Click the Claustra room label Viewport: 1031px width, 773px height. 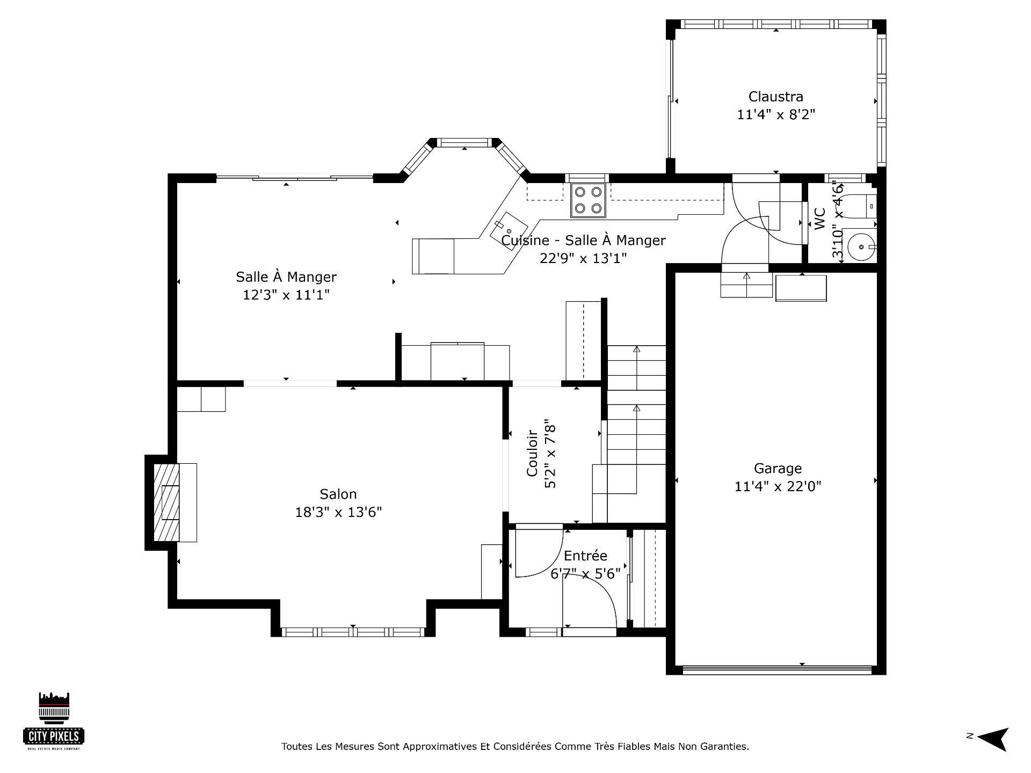coord(776,97)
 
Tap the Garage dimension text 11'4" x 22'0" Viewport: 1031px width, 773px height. coord(778,486)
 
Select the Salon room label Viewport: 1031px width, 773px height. coord(338,494)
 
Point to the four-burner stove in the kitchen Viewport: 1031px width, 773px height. coord(588,200)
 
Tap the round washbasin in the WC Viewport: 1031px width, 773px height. coord(859,246)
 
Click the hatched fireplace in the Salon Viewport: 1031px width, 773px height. coord(166,502)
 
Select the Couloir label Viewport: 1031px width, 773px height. coord(532,453)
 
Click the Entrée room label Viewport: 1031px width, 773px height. coord(585,556)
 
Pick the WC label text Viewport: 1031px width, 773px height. coord(819,218)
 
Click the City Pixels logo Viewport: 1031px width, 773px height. coord(54,720)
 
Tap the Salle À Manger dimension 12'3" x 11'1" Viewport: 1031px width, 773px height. coord(286,295)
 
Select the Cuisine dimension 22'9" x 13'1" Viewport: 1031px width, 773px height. coord(583,258)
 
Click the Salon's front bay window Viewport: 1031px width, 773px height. coord(353,632)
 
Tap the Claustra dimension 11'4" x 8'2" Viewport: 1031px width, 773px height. coord(776,114)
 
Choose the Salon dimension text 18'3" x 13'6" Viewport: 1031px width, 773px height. coord(338,512)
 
